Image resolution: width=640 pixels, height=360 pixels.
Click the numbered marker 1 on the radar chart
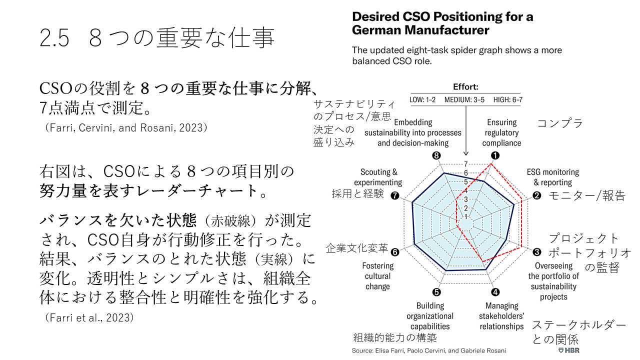point(495,155)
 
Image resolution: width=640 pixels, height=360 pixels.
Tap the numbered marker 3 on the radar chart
point(536,252)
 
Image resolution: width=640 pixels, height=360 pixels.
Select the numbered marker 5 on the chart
point(436,293)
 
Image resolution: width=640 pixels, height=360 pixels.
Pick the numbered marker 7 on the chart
point(395,196)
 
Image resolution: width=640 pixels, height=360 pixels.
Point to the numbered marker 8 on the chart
point(436,155)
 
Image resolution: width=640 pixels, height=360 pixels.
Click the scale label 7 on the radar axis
point(466,164)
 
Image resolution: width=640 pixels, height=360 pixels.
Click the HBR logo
point(568,350)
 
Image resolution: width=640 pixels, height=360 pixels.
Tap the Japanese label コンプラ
point(560,123)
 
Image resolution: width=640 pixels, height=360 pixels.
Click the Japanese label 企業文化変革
point(357,248)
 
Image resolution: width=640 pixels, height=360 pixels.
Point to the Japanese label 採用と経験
point(358,193)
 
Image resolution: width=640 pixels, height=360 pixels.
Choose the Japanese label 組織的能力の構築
point(395,337)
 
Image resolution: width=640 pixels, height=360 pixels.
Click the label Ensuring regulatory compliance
point(501,132)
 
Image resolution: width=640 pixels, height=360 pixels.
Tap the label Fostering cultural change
point(377,276)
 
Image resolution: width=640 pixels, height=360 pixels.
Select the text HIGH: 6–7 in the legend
point(507,99)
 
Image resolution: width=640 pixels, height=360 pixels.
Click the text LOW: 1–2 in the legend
point(422,99)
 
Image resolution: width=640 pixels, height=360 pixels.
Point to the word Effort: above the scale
point(465,86)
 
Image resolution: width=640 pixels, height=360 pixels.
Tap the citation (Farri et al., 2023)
point(89,317)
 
